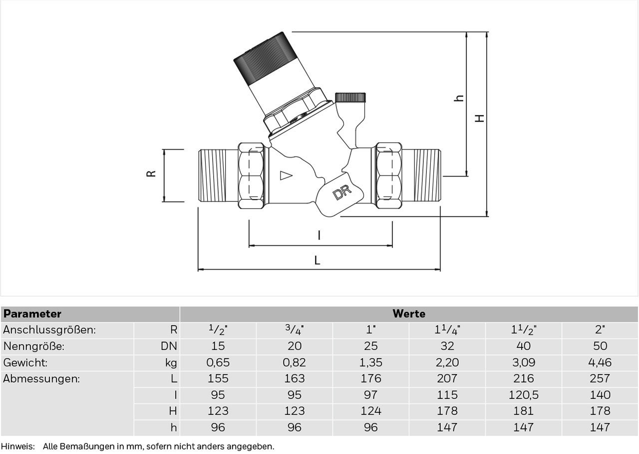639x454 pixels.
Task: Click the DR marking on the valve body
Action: point(342,192)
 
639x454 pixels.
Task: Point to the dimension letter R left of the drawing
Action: point(151,173)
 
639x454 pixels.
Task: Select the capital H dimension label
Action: point(480,118)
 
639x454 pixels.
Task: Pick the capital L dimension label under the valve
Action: point(317,260)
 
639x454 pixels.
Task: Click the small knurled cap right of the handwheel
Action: point(350,97)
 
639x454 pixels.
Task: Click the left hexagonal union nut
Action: point(251,175)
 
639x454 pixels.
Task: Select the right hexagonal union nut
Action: point(388,175)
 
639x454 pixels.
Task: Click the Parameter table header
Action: point(32,314)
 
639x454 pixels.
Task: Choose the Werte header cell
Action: point(409,313)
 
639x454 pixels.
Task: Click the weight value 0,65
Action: point(218,362)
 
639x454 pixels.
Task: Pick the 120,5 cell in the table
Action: point(524,395)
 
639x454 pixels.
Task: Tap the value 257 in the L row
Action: point(600,378)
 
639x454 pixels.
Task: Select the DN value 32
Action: point(447,346)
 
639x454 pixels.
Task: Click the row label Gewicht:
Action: point(25,362)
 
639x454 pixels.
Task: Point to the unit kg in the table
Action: point(171,363)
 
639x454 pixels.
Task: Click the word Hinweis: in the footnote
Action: point(17,446)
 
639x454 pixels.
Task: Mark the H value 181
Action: point(524,411)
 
